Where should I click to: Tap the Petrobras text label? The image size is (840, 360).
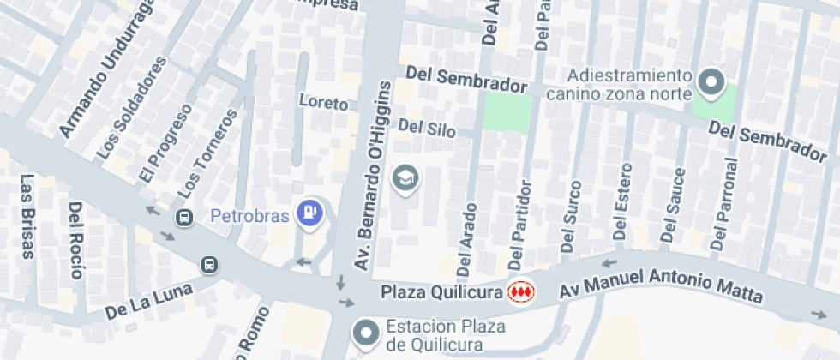(x=249, y=215)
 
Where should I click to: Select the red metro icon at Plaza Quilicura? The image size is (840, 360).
(x=519, y=292)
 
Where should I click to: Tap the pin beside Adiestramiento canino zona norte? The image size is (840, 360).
(x=710, y=83)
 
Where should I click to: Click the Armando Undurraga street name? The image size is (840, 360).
(x=106, y=68)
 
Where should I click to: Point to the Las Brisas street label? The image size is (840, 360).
(x=27, y=217)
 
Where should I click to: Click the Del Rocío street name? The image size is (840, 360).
(x=75, y=240)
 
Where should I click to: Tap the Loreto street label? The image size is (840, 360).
(x=324, y=103)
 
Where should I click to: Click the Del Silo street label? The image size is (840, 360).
(x=427, y=129)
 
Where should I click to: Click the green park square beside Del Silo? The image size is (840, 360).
(x=507, y=112)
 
